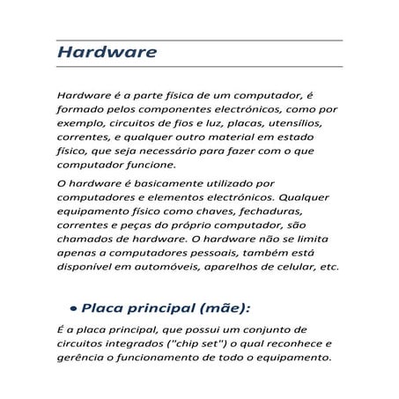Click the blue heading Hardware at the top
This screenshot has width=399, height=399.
[107, 52]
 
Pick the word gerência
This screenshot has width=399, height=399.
[80, 357]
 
